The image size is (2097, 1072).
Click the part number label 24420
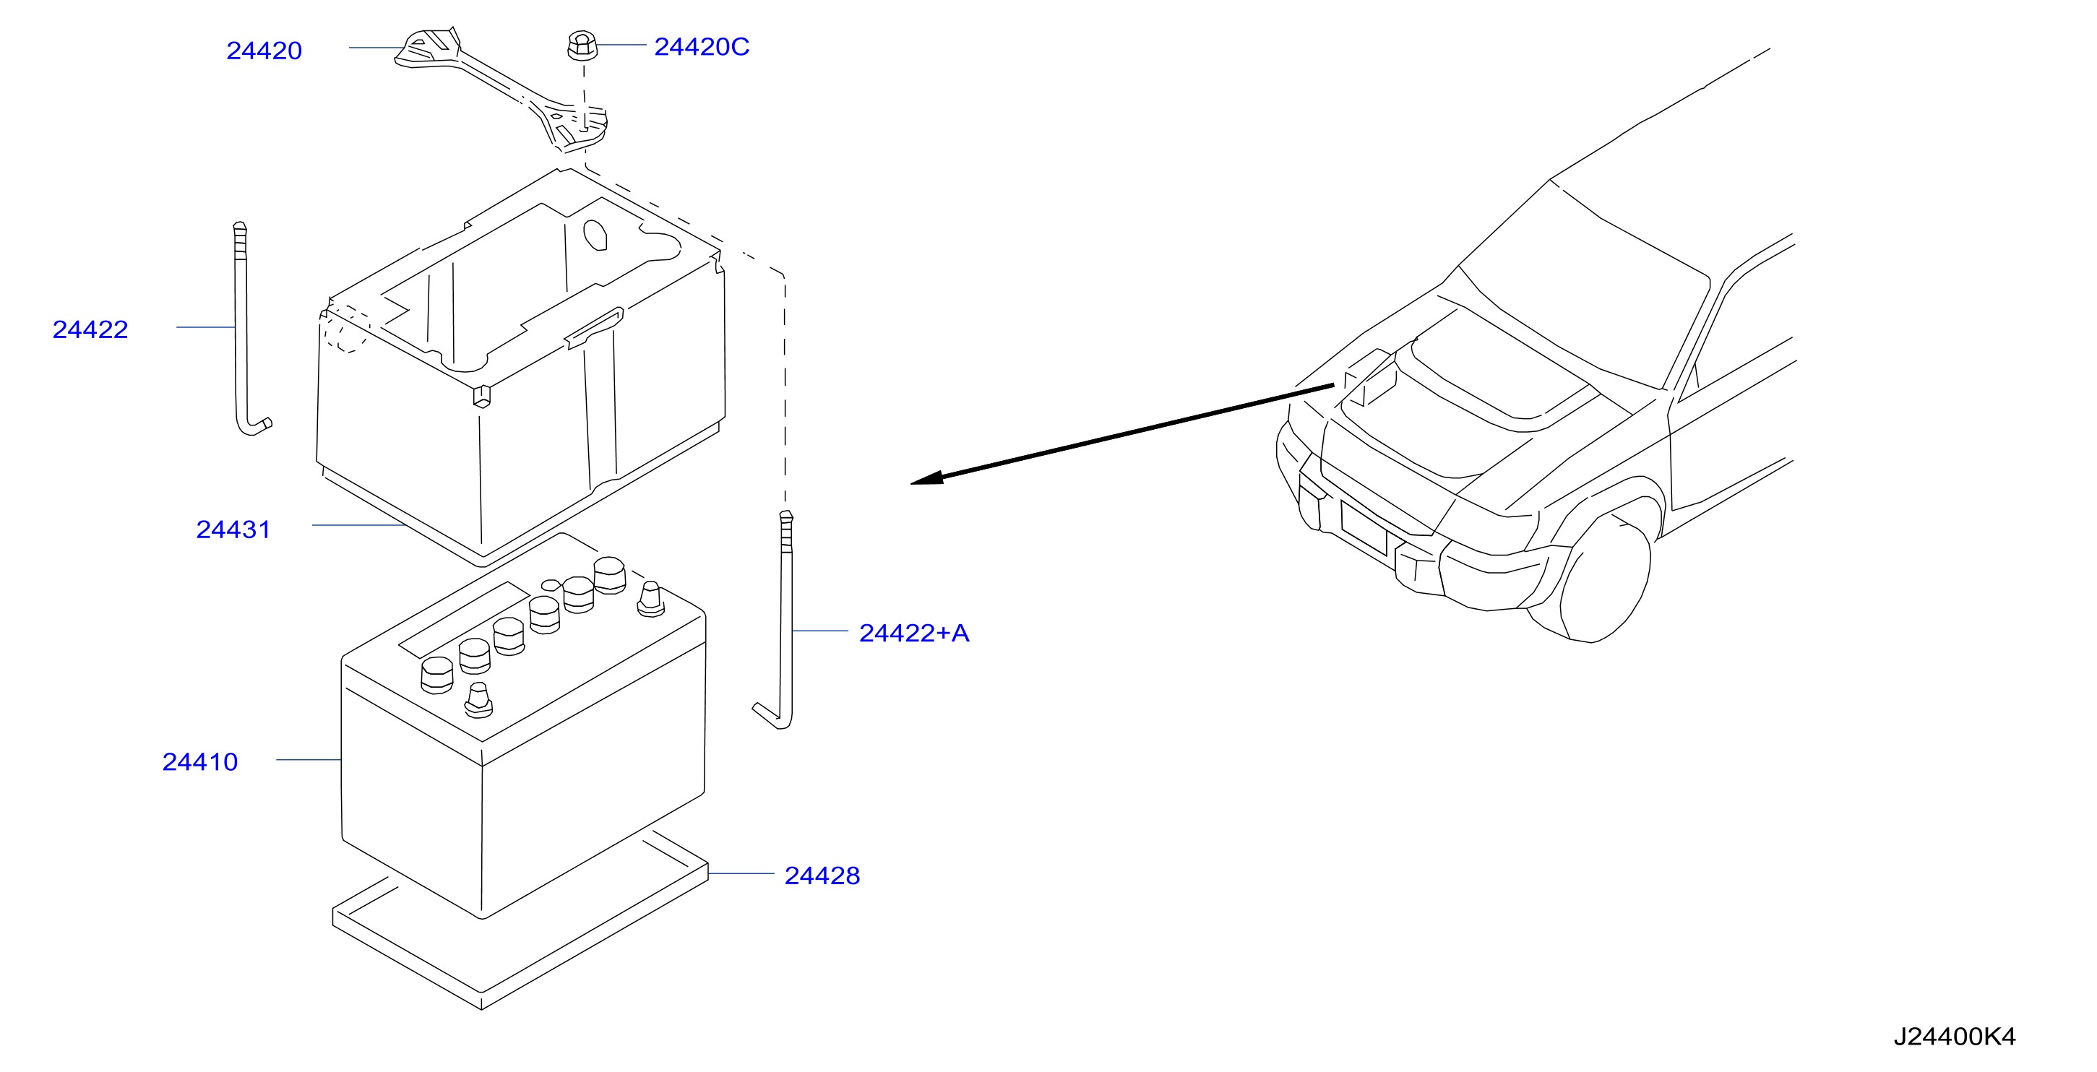coord(264,51)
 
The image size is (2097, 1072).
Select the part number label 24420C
coord(702,46)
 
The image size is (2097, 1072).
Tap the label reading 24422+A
coord(914,633)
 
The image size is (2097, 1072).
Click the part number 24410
coord(200,761)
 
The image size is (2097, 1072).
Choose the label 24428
coord(822,875)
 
